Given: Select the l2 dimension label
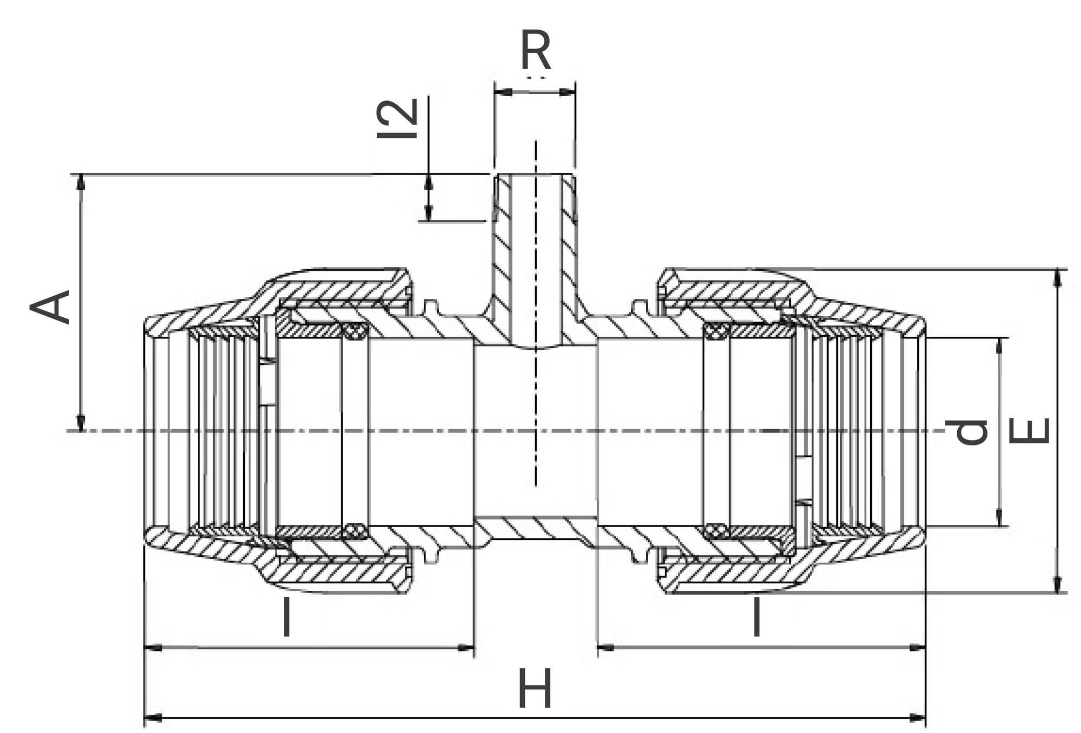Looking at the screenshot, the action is tap(398, 118).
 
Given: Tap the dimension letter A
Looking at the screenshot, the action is tap(50, 306).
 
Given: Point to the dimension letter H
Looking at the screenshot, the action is tap(535, 688).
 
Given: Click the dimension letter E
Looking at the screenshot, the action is tap(1029, 431).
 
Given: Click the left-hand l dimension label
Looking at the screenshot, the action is tap(286, 617).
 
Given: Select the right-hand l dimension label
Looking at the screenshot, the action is tap(757, 617).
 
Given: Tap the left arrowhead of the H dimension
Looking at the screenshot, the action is tap(154, 718).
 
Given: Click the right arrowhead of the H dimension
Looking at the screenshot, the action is tap(917, 718).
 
